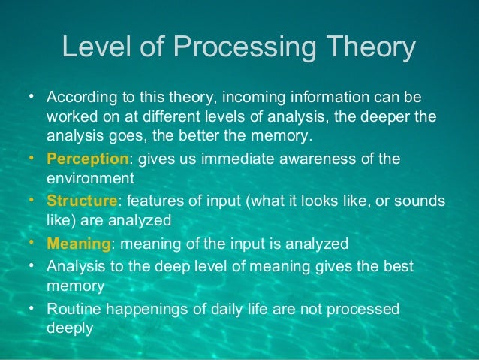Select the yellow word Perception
pyautogui.click(x=88, y=159)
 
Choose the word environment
pyautogui.click(x=90, y=179)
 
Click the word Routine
pyautogui.click(x=72, y=308)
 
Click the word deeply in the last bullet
pyautogui.click(x=69, y=328)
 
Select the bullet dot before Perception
pyautogui.click(x=32, y=159)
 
